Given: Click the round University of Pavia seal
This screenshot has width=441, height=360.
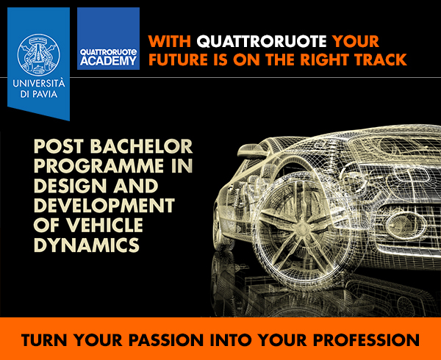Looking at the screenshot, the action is (38, 54).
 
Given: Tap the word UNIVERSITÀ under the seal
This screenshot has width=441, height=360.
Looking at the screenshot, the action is (38, 84).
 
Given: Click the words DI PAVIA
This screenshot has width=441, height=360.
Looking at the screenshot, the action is (38, 94).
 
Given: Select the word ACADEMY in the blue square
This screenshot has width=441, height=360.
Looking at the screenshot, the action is (108, 61).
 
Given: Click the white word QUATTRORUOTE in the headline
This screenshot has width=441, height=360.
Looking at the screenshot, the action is (262, 41).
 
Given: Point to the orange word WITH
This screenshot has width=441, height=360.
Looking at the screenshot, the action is (170, 41).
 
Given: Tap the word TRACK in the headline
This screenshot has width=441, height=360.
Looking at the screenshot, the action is (380, 60).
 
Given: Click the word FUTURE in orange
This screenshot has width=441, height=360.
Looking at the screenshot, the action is (179, 60).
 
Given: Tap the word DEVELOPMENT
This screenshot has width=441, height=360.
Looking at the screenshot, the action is (104, 205).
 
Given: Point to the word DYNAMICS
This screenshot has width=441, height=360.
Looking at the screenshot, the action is (87, 244).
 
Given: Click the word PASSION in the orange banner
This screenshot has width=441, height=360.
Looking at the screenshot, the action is (165, 339).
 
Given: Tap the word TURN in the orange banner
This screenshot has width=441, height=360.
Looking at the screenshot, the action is (44, 339).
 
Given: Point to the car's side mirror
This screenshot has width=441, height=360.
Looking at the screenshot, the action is (251, 150).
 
